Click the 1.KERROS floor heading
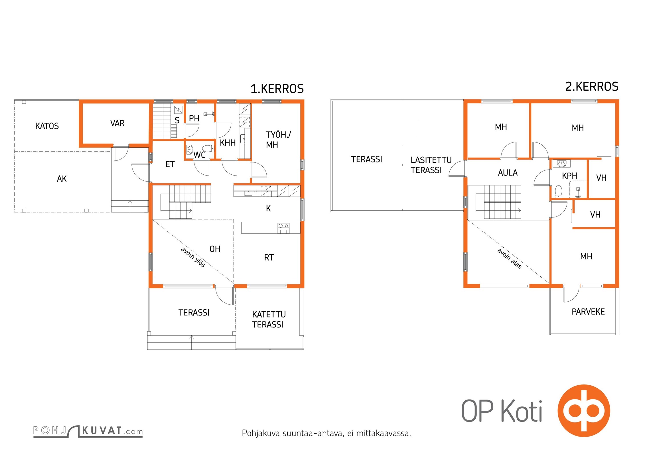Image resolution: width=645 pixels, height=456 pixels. pos(277,89)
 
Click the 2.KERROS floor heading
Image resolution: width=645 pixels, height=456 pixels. pos(592,87)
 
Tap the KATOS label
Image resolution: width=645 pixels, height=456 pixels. pos(47,126)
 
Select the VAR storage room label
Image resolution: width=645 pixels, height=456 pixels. pos(117,123)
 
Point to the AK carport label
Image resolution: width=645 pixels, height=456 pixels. pos(62,179)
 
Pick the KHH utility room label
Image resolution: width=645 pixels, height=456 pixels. pos(228,142)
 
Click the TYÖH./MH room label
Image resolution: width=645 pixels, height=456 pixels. pos(278,140)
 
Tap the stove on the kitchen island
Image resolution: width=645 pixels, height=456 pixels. pos(283,228)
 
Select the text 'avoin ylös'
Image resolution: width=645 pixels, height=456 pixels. pos(193,257)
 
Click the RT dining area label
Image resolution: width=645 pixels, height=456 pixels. pos(269,258)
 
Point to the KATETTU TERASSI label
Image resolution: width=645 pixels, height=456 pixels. pos(269,319)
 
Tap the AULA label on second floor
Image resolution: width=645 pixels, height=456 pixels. pos(508,173)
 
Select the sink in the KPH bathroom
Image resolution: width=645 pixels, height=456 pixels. pos(561,164)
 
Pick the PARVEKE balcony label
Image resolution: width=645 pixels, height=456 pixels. pos(588,312)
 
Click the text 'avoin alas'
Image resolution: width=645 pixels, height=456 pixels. pos(509,258)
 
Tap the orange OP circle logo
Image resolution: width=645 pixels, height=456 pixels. pos(584,411)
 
